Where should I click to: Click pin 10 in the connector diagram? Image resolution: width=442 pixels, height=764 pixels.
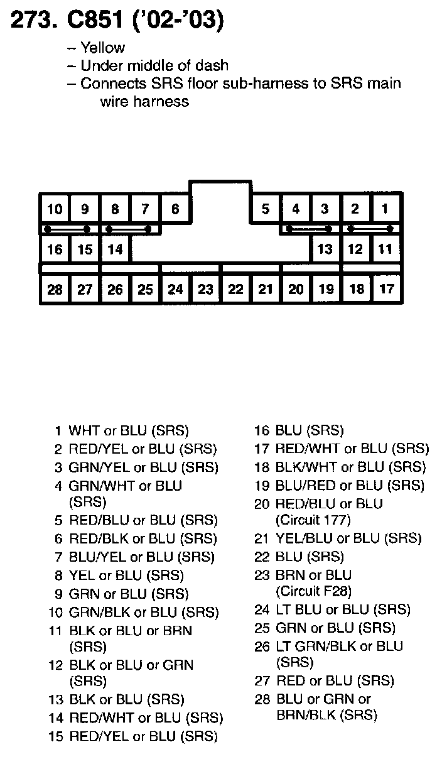[55, 209]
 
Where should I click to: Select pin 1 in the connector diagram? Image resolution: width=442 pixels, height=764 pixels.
[385, 209]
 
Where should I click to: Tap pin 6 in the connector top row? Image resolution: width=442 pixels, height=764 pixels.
[175, 209]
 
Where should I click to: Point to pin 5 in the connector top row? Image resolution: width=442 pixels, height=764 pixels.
[266, 209]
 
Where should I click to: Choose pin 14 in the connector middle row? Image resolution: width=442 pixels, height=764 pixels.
[115, 249]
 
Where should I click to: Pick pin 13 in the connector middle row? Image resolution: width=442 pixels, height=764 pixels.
[325, 249]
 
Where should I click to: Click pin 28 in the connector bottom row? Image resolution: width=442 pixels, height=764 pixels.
[55, 290]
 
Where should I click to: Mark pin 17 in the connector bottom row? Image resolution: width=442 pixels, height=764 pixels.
[386, 290]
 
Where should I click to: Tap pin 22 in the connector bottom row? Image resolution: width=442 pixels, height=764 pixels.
[235, 290]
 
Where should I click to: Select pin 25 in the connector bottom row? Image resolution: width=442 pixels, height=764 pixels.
[145, 290]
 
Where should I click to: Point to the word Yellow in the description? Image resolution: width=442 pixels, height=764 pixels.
[102, 48]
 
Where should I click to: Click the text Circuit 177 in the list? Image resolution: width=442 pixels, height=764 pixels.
[313, 520]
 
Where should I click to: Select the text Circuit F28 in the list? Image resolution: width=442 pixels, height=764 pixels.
[313, 591]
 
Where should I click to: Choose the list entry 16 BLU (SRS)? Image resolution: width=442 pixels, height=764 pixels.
[299, 431]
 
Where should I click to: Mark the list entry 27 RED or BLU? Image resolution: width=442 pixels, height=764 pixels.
[324, 681]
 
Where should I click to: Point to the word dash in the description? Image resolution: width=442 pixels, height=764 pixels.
[213, 65]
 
